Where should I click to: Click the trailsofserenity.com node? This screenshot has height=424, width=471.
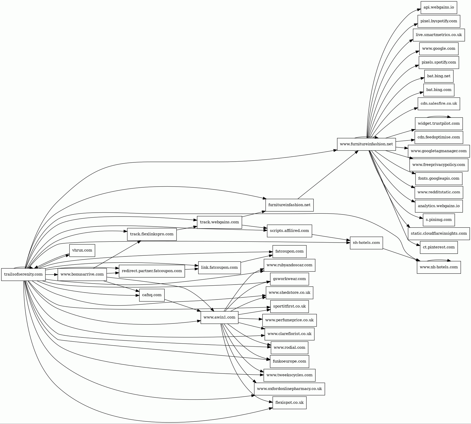point(23,274)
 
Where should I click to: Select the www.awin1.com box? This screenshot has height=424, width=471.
point(219,317)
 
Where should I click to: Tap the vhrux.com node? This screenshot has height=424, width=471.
point(82,250)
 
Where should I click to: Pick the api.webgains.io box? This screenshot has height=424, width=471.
point(439,7)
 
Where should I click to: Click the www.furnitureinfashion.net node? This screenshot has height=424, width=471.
point(366,144)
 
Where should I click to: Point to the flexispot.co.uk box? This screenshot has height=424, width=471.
point(290,403)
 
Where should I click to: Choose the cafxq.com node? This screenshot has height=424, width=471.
point(152,295)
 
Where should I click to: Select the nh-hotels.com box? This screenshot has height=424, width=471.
point(366,243)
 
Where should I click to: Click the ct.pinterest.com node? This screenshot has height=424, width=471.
point(439,247)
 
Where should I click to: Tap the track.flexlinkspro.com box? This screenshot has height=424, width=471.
point(152,234)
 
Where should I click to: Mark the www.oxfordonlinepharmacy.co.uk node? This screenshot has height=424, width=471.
point(290,389)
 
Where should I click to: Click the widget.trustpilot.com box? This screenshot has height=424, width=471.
point(439,124)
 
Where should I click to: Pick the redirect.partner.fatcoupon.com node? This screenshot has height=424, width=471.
point(152,271)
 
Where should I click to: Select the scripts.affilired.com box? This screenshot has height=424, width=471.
point(290,231)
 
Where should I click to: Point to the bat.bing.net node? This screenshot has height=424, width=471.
point(439,76)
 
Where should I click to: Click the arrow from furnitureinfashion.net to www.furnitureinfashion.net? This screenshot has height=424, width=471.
point(328,175)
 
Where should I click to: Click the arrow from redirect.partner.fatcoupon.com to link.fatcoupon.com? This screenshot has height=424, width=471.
point(191,269)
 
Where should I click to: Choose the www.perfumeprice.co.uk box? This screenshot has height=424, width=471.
point(290,320)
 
